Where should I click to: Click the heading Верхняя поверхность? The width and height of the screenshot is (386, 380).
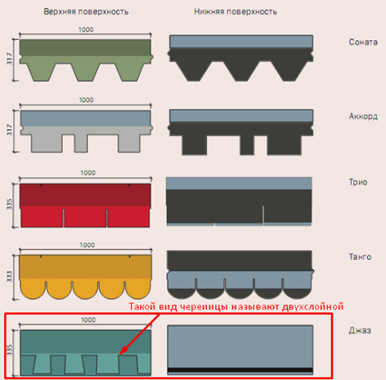86,12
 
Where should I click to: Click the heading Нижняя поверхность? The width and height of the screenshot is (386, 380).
236,12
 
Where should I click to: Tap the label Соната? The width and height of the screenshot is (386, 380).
363,42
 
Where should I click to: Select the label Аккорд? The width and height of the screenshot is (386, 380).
363,117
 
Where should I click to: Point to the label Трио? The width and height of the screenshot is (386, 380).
358,182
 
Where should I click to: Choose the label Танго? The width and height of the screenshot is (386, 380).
360,257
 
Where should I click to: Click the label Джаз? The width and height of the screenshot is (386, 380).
360,331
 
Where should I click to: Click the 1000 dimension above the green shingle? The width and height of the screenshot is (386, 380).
86,29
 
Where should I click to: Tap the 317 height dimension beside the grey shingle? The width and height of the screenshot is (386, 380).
10,130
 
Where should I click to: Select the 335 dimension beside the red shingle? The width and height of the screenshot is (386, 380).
10,204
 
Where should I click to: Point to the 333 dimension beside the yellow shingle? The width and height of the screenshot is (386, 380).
10,276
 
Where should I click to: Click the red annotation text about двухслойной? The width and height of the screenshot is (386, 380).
236,306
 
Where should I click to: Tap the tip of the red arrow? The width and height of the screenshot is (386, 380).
119,355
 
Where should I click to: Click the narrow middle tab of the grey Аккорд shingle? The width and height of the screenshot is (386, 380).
81,143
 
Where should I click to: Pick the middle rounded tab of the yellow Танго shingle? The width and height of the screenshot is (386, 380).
85,289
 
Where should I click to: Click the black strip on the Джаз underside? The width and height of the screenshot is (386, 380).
240,369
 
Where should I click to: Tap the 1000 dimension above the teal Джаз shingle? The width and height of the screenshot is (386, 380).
88,320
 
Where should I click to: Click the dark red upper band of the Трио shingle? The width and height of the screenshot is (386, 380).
85,195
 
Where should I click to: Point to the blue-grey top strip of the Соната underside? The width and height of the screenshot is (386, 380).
241,42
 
